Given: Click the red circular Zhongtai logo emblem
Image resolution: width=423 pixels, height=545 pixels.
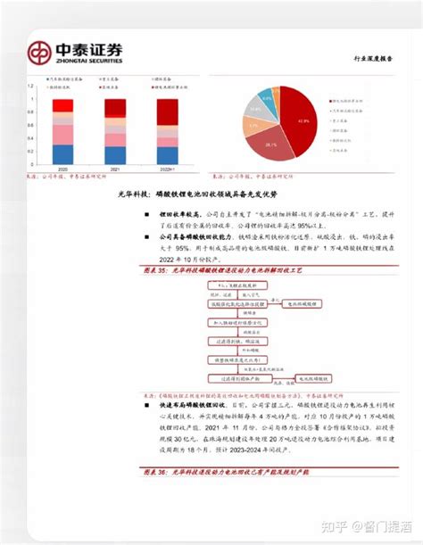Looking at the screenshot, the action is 41,54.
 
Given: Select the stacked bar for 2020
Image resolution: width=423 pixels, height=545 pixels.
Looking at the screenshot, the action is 63,134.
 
